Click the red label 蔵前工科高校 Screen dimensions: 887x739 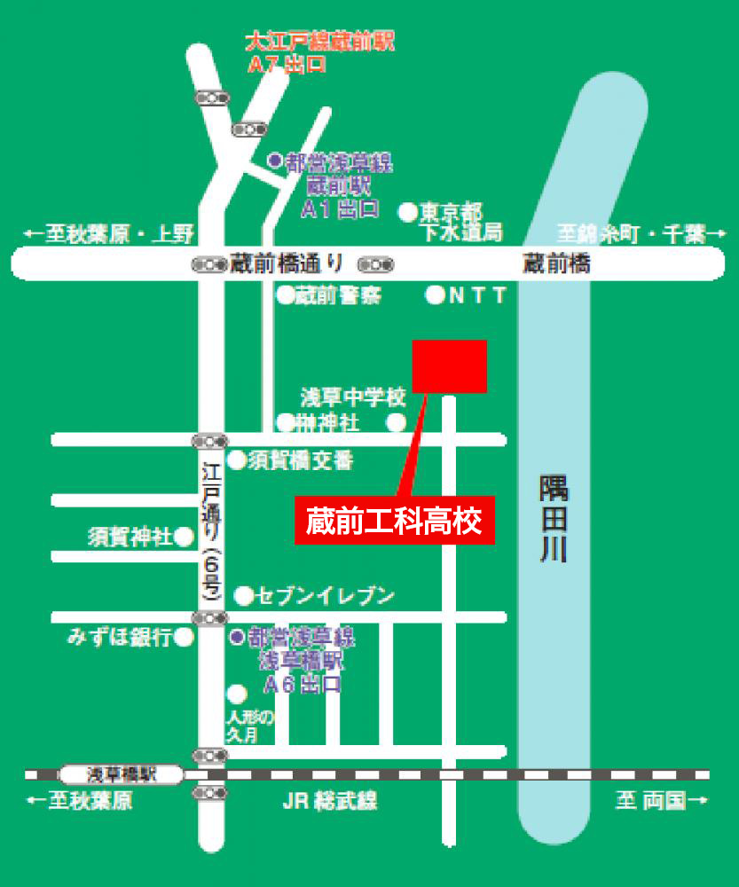[394, 521]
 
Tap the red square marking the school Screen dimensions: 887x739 [450, 365]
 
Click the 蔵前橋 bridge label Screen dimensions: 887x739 [556, 263]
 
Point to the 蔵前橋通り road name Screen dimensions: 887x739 [285, 263]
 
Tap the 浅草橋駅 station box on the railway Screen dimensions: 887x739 [122, 774]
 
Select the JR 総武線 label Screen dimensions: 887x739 [330, 802]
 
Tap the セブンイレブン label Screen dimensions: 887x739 [325, 596]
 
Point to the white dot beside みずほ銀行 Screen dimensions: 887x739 [185, 637]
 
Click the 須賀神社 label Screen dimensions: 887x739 [130, 537]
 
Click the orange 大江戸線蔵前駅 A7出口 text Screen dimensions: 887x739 [318, 52]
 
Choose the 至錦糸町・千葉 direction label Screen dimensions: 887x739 [632, 234]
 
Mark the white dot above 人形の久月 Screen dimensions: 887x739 [237, 693]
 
